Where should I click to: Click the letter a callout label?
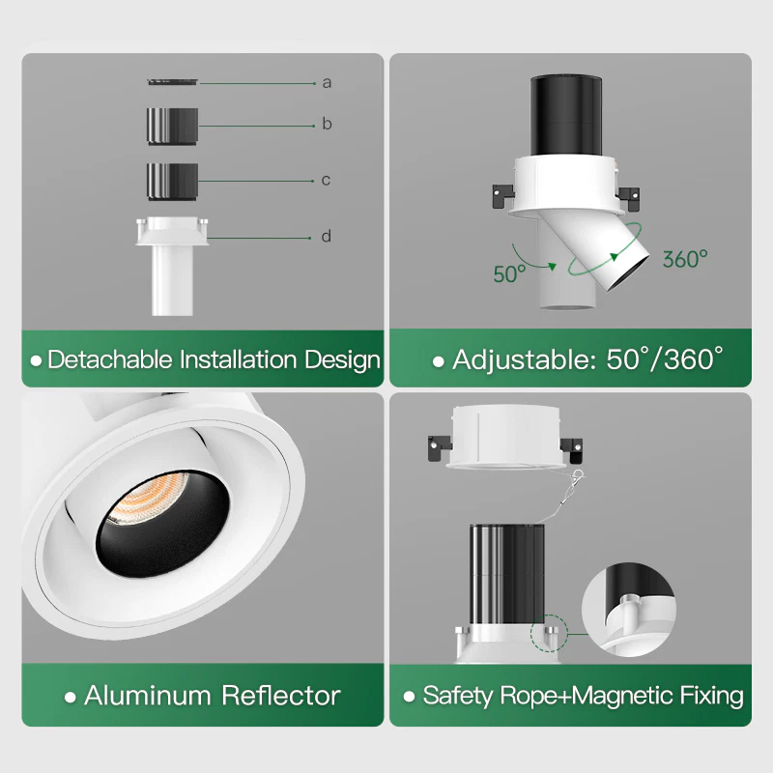327,83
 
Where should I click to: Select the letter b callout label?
327,124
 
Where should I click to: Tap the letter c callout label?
326,180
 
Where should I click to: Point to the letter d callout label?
326,236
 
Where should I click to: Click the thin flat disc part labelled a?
172,81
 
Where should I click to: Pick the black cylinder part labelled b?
172,127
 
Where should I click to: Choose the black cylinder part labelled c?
172,182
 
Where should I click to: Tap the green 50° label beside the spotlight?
510,274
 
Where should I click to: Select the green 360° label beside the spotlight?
685,259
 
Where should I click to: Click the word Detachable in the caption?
110,359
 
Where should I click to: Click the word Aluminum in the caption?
148,696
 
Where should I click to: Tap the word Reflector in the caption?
281,696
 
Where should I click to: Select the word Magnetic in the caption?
622,696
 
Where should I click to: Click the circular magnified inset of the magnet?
629,611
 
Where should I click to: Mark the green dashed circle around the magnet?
549,633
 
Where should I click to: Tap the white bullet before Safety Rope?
409,697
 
